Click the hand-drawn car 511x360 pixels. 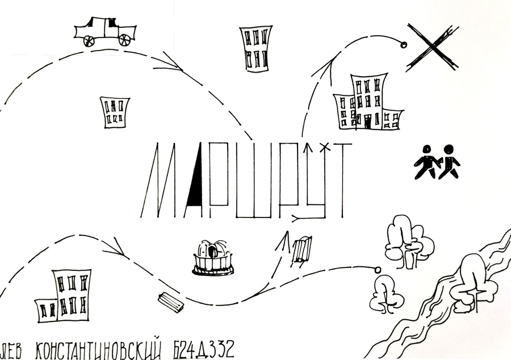point(105,32)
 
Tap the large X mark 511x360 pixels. point(433,47)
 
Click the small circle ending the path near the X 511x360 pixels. point(404,45)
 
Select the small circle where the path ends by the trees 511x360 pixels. point(378,269)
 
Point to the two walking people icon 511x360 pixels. point(437,162)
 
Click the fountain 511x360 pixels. point(213,258)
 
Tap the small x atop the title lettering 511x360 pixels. point(324,148)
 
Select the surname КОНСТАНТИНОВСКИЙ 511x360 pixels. point(98,349)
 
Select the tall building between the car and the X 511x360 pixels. point(256,48)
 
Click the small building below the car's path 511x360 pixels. point(114,112)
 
